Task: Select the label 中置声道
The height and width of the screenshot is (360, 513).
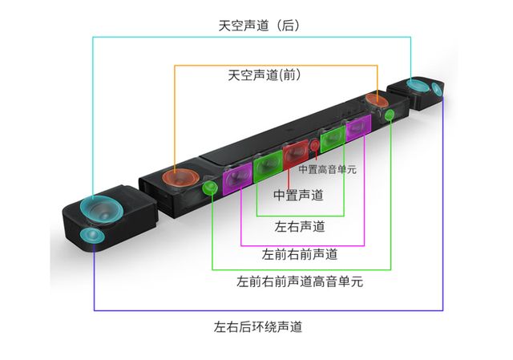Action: click(x=299, y=196)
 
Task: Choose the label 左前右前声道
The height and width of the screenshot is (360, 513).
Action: click(x=300, y=255)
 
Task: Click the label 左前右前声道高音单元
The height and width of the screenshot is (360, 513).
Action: click(x=300, y=282)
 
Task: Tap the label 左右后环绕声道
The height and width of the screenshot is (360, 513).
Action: click(x=257, y=327)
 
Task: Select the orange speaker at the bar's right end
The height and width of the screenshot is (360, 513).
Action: click(x=375, y=101)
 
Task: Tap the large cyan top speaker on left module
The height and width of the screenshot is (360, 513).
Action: click(x=101, y=209)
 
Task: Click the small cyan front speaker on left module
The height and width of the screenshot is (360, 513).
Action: click(x=92, y=236)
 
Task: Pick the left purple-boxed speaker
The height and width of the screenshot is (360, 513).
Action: click(x=238, y=178)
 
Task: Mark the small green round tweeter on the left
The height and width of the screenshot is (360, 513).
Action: click(x=210, y=189)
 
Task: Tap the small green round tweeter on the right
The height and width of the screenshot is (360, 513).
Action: click(x=390, y=116)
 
